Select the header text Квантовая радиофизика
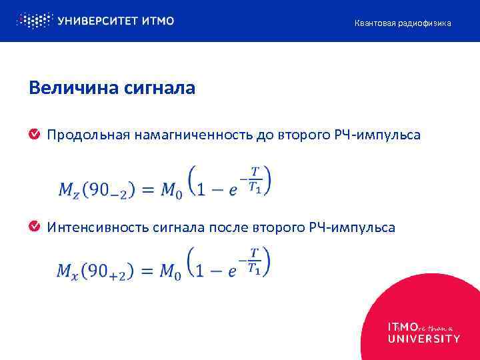click(x=402, y=23)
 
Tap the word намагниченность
click(x=193, y=135)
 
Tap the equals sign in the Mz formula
click(x=148, y=190)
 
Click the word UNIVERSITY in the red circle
click(x=423, y=339)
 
